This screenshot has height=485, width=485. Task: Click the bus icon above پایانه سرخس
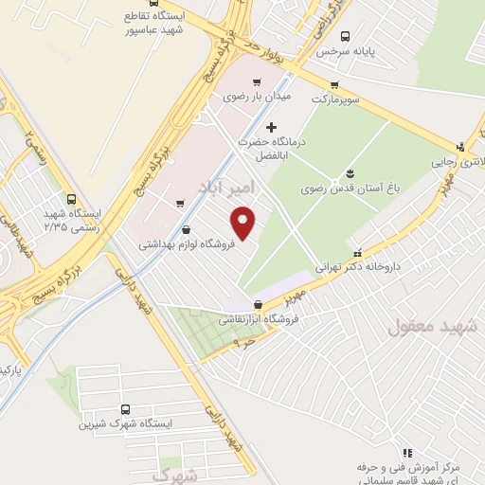[345, 36]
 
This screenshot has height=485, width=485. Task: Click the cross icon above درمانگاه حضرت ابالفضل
[272, 127]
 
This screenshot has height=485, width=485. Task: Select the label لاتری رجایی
[458, 161]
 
